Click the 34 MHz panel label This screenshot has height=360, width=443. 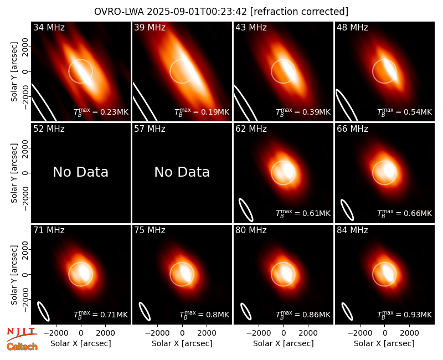[49, 27]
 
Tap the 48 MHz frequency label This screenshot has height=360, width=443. [352, 27]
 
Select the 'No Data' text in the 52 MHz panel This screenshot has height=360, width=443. [80, 172]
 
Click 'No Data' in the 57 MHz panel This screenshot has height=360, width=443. [182, 172]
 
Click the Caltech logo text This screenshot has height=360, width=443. [22, 347]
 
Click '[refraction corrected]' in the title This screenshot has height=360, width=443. [299, 12]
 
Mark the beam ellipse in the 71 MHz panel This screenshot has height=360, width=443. [44, 311]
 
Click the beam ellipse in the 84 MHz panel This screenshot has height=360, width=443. [347, 311]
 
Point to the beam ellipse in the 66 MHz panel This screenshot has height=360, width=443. [347, 210]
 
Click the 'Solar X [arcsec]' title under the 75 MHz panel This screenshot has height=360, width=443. [182, 343]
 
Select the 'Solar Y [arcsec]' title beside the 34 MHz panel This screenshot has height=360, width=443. [14, 72]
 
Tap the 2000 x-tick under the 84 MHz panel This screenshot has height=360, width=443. [409, 333]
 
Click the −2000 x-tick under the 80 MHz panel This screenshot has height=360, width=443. [259, 333]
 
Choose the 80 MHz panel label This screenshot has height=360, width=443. [251, 230]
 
